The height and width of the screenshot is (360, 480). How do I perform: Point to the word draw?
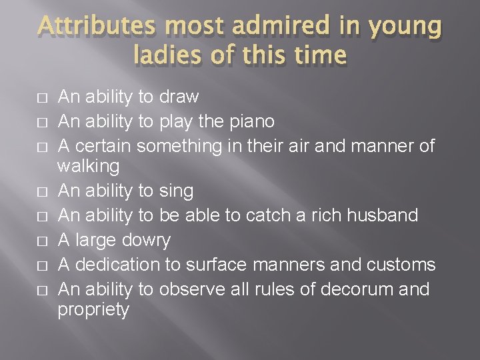click(x=179, y=97)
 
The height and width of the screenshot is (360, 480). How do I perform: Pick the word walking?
click(x=88, y=165)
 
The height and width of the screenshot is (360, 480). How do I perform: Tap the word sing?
click(x=176, y=191)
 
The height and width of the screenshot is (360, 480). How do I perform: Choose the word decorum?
click(x=371, y=290)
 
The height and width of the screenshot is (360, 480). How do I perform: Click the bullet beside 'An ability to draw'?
click(x=42, y=97)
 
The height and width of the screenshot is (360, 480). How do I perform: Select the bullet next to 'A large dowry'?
click(x=42, y=241)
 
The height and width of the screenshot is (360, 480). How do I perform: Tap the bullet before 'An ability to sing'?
click(x=42, y=192)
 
